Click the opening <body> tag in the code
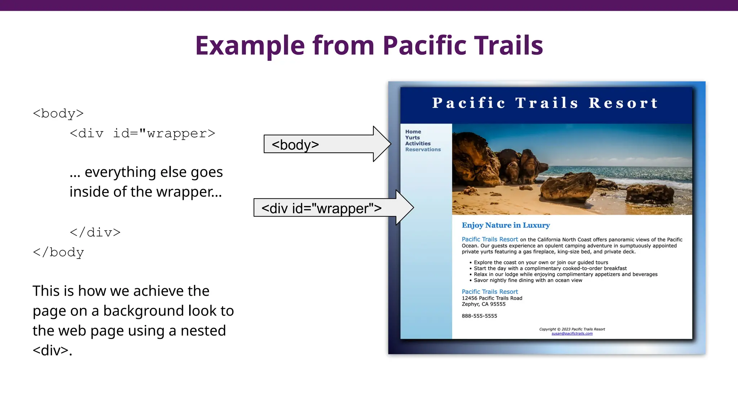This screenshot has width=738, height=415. (x=58, y=113)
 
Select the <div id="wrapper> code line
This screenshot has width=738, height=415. (x=142, y=134)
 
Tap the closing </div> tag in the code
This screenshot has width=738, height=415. (x=95, y=232)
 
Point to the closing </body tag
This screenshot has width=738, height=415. (x=58, y=252)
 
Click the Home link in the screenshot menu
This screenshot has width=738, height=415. (x=413, y=132)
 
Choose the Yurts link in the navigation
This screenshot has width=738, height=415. (x=412, y=138)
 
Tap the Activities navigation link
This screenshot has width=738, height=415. (x=418, y=143)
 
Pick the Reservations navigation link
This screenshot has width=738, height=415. (x=423, y=150)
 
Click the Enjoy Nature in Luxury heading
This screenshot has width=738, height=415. (x=506, y=226)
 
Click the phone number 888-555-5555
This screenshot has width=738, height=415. (x=479, y=316)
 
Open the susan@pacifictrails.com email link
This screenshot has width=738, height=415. (x=572, y=334)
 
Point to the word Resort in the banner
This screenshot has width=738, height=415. (x=623, y=103)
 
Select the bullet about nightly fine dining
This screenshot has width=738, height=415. (x=528, y=280)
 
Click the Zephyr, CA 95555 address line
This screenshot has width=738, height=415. (x=484, y=304)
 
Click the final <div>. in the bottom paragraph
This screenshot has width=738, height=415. (x=52, y=351)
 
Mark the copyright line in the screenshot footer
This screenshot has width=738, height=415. (x=572, y=329)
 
